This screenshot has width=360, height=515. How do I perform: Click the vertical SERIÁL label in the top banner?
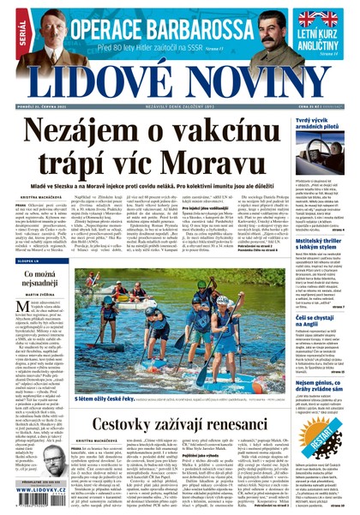pyautogui.click(x=9, y=31)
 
